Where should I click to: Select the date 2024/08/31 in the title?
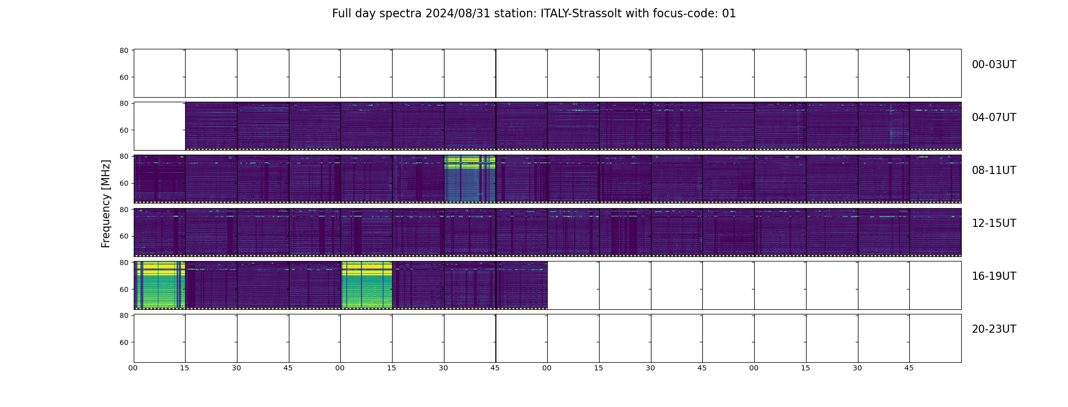(x=458, y=14)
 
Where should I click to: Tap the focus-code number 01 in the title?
(x=729, y=14)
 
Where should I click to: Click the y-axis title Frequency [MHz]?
(x=106, y=203)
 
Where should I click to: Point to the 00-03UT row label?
(x=994, y=65)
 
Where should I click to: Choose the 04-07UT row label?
(x=994, y=118)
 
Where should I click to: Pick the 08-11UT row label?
(x=994, y=170)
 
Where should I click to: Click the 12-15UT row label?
(x=994, y=223)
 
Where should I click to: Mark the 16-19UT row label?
(x=994, y=276)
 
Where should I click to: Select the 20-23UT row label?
(x=994, y=329)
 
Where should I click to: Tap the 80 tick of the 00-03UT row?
(x=124, y=50)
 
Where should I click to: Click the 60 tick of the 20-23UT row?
(x=124, y=342)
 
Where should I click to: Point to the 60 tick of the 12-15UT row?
(x=124, y=236)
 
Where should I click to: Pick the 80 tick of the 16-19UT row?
(x=124, y=263)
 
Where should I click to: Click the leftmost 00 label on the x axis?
(x=133, y=368)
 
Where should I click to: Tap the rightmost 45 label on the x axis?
(x=909, y=368)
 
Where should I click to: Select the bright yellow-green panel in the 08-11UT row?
(x=470, y=179)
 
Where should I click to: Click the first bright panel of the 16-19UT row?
(x=160, y=285)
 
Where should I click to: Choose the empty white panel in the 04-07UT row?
(x=160, y=126)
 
